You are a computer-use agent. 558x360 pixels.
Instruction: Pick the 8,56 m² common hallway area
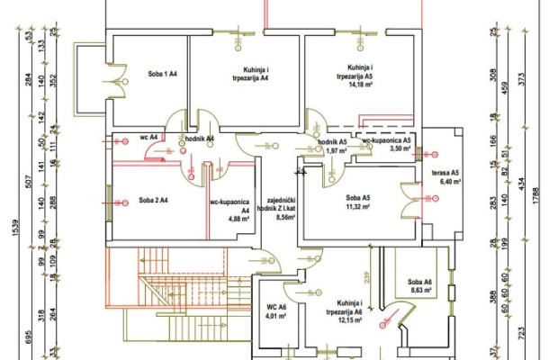pyautogui.click(x=285, y=217)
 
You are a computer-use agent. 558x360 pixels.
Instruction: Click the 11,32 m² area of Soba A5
pyautogui.click(x=358, y=206)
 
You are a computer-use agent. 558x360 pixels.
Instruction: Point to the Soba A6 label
pyautogui.click(x=419, y=282)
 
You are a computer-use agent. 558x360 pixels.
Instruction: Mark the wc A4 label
pyautogui.click(x=148, y=138)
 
